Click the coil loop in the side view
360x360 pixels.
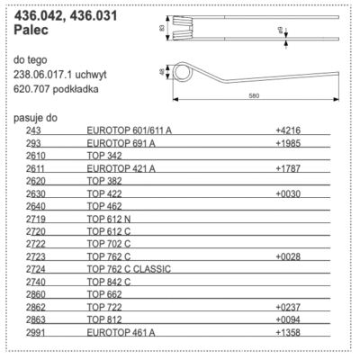pyautogui.click(x=184, y=73)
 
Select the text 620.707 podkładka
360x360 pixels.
pyautogui.click(x=55, y=91)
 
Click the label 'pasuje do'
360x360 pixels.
pyautogui.click(x=36, y=118)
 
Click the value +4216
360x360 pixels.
pyautogui.click(x=289, y=130)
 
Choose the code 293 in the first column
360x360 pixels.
pyautogui.click(x=33, y=143)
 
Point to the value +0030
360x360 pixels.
pyautogui.click(x=289, y=193)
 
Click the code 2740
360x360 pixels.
pyautogui.click(x=36, y=282)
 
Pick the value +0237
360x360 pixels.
pyautogui.click(x=289, y=307)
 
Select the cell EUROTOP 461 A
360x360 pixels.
pyautogui.click(x=121, y=332)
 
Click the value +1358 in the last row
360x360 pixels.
pyautogui.click(x=289, y=332)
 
